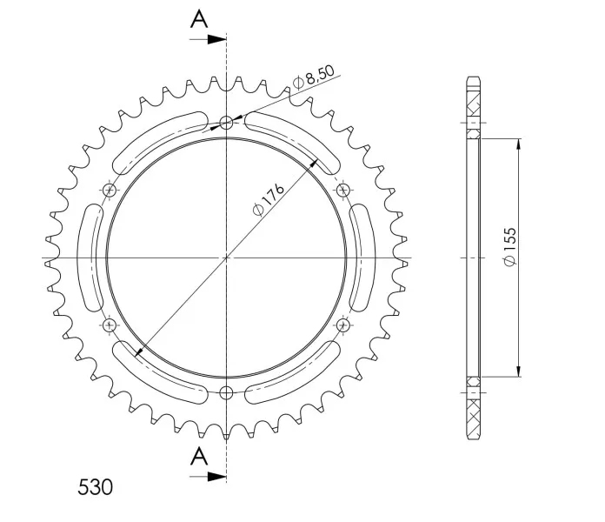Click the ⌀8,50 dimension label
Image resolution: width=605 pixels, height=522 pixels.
313,77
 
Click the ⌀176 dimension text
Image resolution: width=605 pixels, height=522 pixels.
268,198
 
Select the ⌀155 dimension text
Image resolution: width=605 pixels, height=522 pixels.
509,246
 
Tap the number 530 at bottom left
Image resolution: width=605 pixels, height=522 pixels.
96,487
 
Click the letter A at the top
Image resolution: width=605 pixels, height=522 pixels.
199,19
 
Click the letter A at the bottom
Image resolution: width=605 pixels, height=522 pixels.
199,456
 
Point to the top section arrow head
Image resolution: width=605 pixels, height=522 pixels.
216,39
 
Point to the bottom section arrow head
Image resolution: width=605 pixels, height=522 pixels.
216,477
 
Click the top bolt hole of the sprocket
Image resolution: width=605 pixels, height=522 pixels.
227,123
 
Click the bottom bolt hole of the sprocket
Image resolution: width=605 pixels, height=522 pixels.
227,393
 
